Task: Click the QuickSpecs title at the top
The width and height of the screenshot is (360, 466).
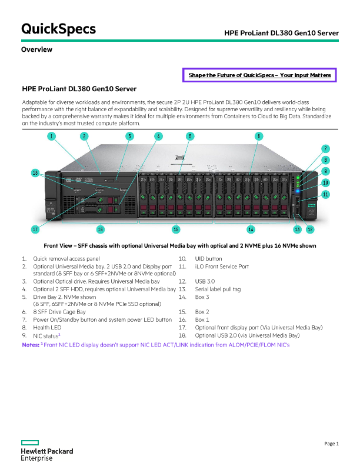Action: (x=58, y=29)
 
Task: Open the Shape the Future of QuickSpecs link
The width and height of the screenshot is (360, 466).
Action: (x=259, y=75)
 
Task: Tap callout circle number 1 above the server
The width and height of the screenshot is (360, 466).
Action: (x=51, y=136)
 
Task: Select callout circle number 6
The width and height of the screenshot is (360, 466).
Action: (x=259, y=136)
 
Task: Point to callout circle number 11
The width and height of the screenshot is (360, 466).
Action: (x=325, y=194)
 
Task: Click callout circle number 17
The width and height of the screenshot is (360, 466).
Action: (x=35, y=229)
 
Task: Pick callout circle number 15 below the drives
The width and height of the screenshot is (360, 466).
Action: (x=176, y=229)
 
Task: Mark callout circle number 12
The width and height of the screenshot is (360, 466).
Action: (x=310, y=229)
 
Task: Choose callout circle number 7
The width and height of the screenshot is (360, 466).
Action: (x=325, y=149)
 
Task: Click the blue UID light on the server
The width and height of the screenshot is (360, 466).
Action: (x=298, y=191)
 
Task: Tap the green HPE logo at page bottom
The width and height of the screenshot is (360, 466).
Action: (x=29, y=442)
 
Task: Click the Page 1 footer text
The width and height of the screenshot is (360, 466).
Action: (x=332, y=444)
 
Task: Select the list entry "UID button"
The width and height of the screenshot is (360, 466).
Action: (x=208, y=258)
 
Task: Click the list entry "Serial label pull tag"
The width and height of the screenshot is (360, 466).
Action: (x=218, y=289)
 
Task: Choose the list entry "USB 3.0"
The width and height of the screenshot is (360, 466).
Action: (x=205, y=281)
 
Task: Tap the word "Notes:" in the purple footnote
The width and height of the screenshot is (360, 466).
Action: (x=31, y=345)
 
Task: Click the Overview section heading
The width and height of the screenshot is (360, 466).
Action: (x=36, y=49)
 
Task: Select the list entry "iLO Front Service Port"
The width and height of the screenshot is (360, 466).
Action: (x=222, y=267)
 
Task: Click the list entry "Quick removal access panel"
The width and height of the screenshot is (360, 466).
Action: (x=66, y=258)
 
